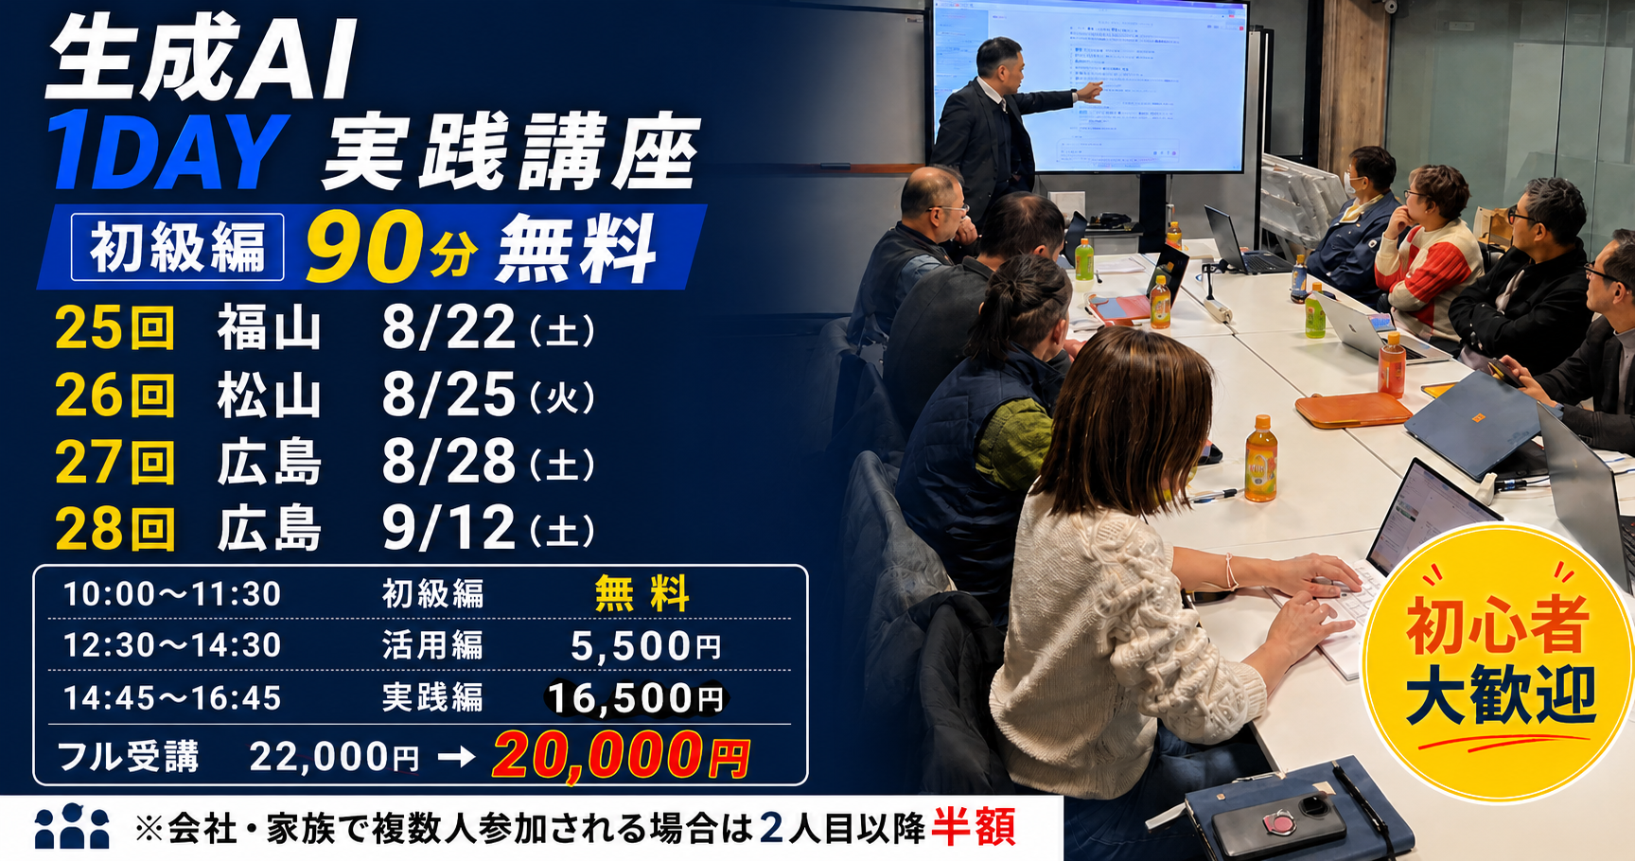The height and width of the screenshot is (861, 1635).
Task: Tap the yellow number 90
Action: tap(363, 247)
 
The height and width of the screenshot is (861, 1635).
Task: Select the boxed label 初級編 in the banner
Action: tap(178, 247)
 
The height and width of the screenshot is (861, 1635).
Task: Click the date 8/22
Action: tap(448, 328)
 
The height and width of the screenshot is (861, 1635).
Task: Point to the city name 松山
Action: tap(270, 395)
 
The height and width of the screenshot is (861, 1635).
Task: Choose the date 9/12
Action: tap(448, 528)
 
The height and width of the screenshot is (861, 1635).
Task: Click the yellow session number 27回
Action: tap(115, 462)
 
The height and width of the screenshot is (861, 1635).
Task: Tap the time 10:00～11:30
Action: tap(172, 594)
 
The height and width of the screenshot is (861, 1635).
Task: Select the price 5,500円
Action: tap(645, 646)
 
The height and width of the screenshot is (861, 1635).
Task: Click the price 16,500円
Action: tap(636, 698)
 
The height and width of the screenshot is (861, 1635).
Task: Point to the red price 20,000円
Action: tap(622, 756)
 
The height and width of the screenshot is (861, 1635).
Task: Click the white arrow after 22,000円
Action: tap(456, 757)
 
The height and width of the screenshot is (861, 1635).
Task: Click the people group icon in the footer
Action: tap(72, 826)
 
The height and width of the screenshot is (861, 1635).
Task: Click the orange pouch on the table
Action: tap(1353, 410)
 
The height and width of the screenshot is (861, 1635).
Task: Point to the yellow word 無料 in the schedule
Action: tap(642, 594)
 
